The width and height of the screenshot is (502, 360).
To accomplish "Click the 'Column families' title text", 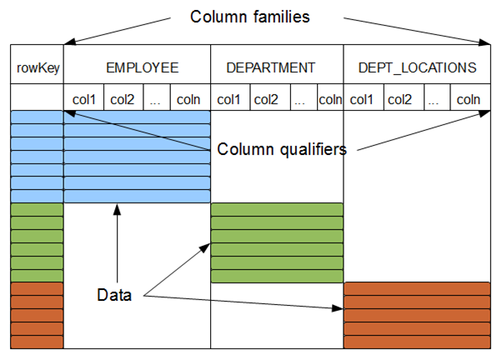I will (x=251, y=17).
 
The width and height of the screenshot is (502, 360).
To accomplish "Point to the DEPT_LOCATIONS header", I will (x=417, y=67).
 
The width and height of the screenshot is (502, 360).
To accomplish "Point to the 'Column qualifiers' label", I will (x=282, y=150).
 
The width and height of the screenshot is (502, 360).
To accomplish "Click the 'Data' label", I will (x=114, y=295).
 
